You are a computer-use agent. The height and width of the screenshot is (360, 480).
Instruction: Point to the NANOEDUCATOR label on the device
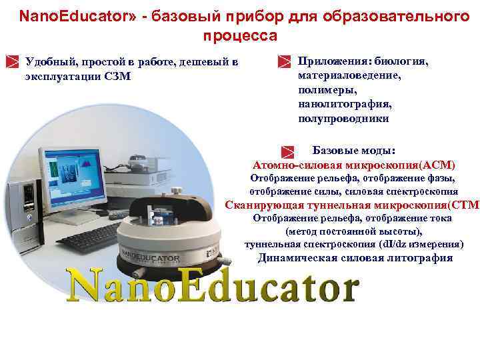point(151,256)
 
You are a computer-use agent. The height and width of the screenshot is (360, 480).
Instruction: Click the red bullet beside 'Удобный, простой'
point(11,62)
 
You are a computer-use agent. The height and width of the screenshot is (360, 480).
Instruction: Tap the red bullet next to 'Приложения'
point(283,62)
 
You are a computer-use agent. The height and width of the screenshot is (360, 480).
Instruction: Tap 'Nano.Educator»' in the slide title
point(61,15)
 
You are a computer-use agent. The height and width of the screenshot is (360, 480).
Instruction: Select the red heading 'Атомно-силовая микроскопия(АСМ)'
point(354,165)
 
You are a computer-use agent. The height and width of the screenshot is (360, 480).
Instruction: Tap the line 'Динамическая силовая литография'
point(355,258)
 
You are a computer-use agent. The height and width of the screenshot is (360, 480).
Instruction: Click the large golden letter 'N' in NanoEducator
point(88,285)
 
